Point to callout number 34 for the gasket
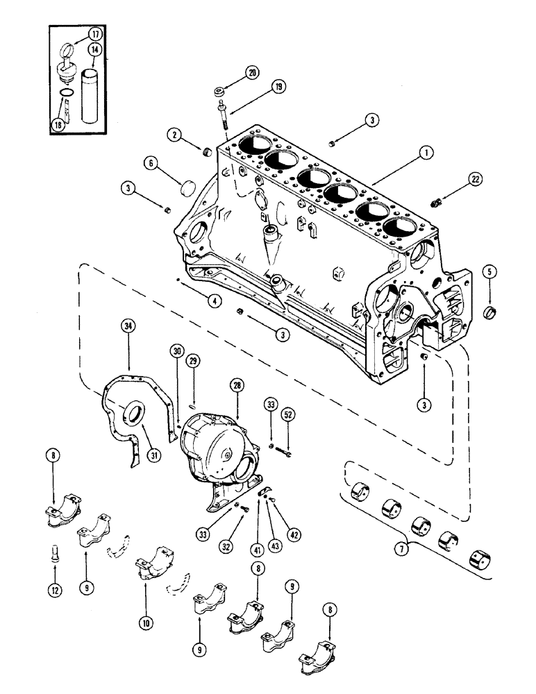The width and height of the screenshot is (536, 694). [x=127, y=326]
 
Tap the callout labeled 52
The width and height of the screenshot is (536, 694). [x=288, y=414]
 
